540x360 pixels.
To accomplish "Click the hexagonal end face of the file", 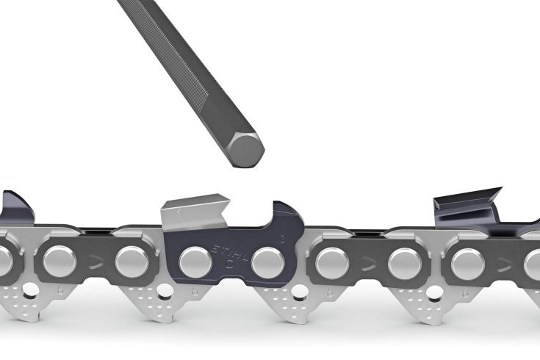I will (x=243, y=150).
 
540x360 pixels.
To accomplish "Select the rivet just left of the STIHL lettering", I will (x=192, y=260).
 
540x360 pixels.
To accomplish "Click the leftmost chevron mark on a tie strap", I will (x=95, y=259).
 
